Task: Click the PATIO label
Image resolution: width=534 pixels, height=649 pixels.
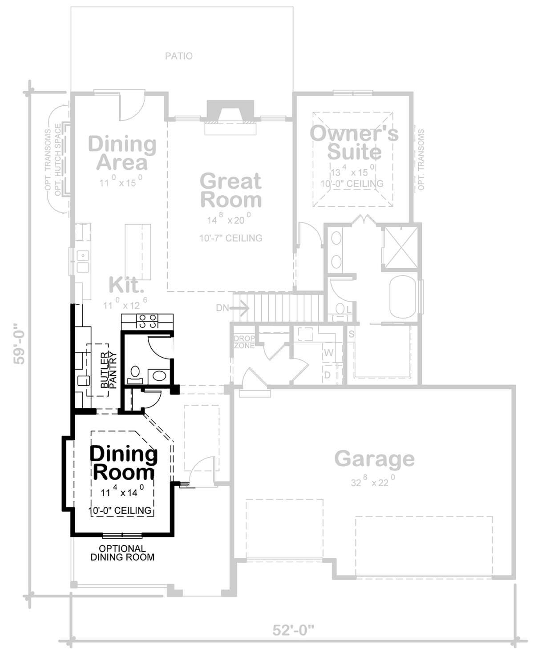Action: coord(179,56)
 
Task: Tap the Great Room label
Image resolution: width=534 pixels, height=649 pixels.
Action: coord(231,190)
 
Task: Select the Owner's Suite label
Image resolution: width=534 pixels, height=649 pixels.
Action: coord(354,142)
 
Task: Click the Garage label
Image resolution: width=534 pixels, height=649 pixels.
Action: coord(374,459)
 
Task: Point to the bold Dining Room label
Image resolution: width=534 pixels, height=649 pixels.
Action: coord(124,463)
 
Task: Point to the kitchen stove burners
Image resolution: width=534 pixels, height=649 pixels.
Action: coord(148,321)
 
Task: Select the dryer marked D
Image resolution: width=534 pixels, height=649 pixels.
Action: coord(328,375)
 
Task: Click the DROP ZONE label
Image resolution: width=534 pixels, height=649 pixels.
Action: coord(244,342)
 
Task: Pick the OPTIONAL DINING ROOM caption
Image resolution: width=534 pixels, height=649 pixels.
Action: coord(122,553)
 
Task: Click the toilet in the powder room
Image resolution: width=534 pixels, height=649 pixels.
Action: coord(134,374)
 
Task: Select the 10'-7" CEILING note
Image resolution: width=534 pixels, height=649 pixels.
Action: coord(231,238)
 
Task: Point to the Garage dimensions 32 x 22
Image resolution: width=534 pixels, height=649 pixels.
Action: coord(373,481)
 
